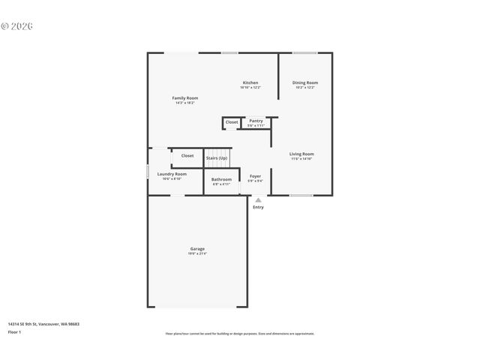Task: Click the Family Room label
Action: pyautogui.click(x=185, y=98)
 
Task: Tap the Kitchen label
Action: pyautogui.click(x=250, y=82)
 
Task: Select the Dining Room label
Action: pyautogui.click(x=304, y=82)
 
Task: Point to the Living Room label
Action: pyautogui.click(x=301, y=154)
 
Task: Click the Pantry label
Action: pyautogui.click(x=256, y=121)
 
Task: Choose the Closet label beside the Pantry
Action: pyautogui.click(x=232, y=121)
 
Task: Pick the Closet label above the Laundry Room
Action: pyautogui.click(x=187, y=156)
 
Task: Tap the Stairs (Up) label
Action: pyautogui.click(x=217, y=158)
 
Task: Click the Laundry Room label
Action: pyautogui.click(x=172, y=174)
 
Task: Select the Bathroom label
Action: pyautogui.click(x=221, y=179)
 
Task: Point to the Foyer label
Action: pyautogui.click(x=255, y=176)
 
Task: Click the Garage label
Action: pyautogui.click(x=197, y=249)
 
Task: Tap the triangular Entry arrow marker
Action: pyautogui.click(x=258, y=200)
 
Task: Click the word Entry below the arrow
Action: pyautogui.click(x=258, y=208)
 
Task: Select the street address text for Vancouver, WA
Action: pyautogui.click(x=43, y=324)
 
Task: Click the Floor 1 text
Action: pyautogui.click(x=15, y=331)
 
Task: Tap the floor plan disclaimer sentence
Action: pyautogui.click(x=240, y=334)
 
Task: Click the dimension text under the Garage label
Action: pyautogui.click(x=197, y=254)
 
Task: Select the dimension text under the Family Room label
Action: pyautogui.click(x=185, y=103)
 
